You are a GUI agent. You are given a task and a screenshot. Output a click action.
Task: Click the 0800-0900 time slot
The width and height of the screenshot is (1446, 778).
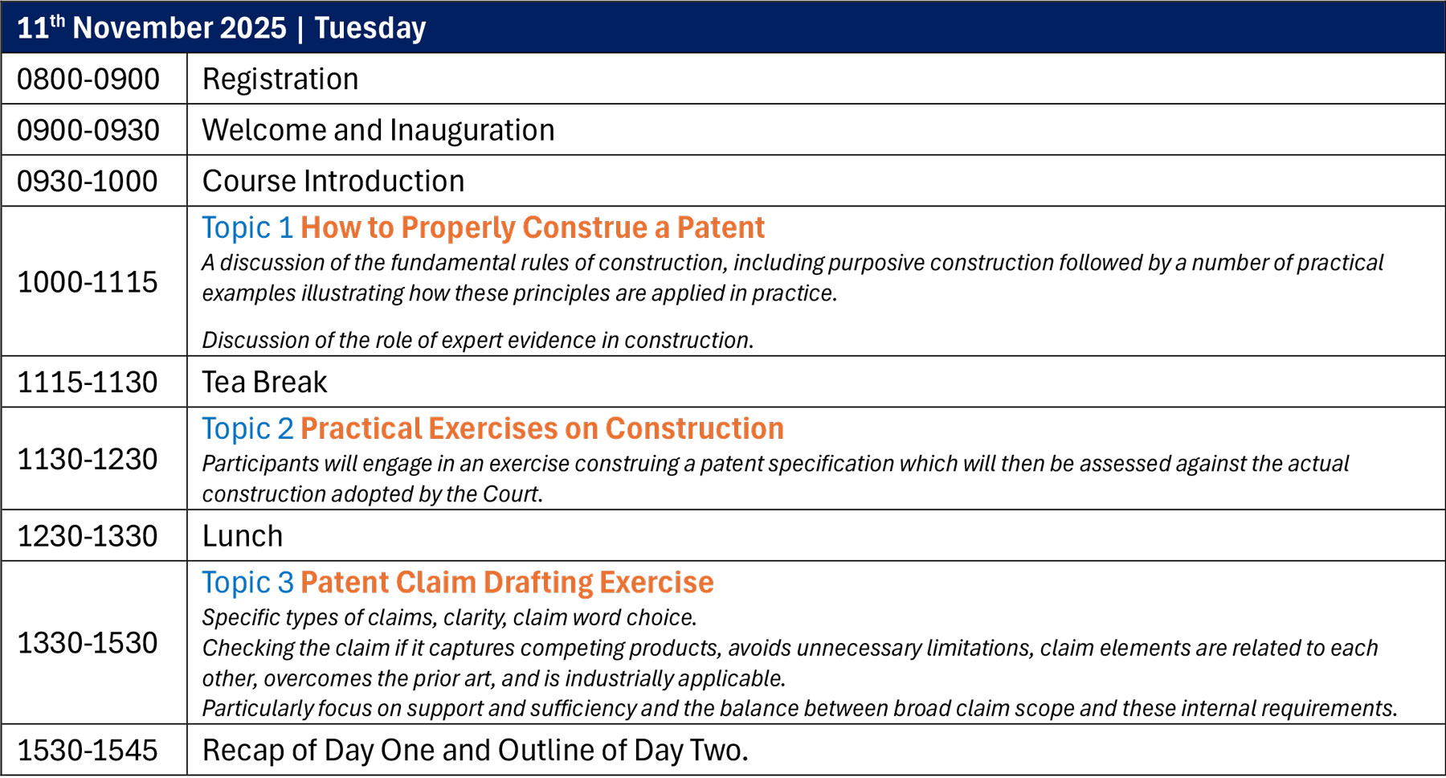click(88, 80)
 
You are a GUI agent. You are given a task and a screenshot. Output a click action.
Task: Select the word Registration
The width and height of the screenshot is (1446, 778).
click(280, 80)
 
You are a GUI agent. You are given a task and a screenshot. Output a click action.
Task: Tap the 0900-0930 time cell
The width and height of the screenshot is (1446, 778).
click(88, 130)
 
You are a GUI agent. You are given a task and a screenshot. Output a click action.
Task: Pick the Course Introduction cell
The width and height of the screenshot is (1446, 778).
click(333, 181)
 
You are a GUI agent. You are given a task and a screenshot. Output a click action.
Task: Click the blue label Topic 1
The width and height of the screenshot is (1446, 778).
click(247, 228)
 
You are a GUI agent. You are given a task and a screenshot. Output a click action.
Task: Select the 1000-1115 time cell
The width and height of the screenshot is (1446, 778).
click(88, 282)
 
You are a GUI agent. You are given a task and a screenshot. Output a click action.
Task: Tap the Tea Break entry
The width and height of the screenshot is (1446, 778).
click(264, 382)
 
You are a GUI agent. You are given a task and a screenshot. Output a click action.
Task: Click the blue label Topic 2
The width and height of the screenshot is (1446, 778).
click(247, 429)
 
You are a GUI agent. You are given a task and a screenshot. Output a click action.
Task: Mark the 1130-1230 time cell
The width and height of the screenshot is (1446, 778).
click(88, 459)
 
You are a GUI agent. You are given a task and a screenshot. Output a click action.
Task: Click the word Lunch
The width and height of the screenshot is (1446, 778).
click(243, 536)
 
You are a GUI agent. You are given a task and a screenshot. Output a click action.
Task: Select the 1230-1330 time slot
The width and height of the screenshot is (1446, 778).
click(88, 536)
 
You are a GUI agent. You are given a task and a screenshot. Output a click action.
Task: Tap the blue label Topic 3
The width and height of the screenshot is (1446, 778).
click(247, 583)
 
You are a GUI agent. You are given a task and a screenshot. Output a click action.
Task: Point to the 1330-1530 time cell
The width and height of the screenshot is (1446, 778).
click(88, 643)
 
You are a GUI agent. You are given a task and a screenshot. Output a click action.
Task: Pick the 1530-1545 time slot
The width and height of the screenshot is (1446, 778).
click(88, 750)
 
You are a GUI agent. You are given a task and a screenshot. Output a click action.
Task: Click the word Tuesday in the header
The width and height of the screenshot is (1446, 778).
click(370, 28)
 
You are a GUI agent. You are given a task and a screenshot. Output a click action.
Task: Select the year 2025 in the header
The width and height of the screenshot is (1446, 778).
click(253, 27)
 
